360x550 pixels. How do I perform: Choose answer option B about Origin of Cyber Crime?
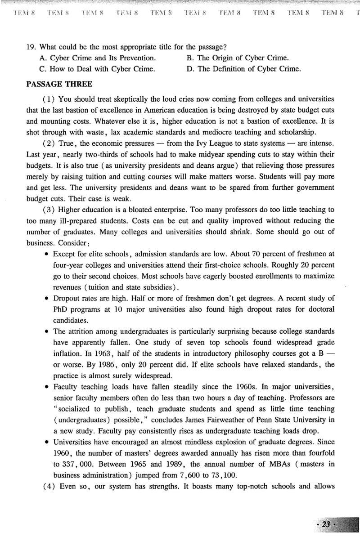click(x=238, y=58)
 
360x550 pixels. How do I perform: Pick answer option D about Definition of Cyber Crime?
click(x=243, y=69)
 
